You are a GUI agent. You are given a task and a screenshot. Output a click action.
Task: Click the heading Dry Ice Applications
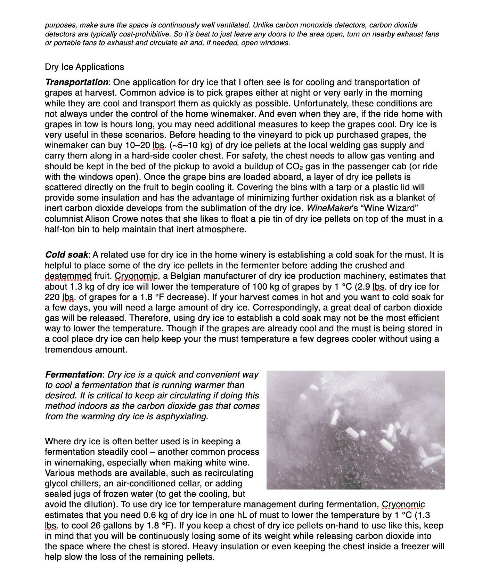[x=84, y=67]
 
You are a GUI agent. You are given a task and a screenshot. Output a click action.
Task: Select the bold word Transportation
[x=76, y=82]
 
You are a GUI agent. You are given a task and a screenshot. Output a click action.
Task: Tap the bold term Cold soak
[x=67, y=255]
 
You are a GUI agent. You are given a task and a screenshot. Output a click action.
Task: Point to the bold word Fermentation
[x=73, y=375]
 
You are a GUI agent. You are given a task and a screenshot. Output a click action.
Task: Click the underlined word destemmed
[x=68, y=276]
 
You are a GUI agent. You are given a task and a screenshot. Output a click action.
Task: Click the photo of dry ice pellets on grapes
[x=356, y=430]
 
